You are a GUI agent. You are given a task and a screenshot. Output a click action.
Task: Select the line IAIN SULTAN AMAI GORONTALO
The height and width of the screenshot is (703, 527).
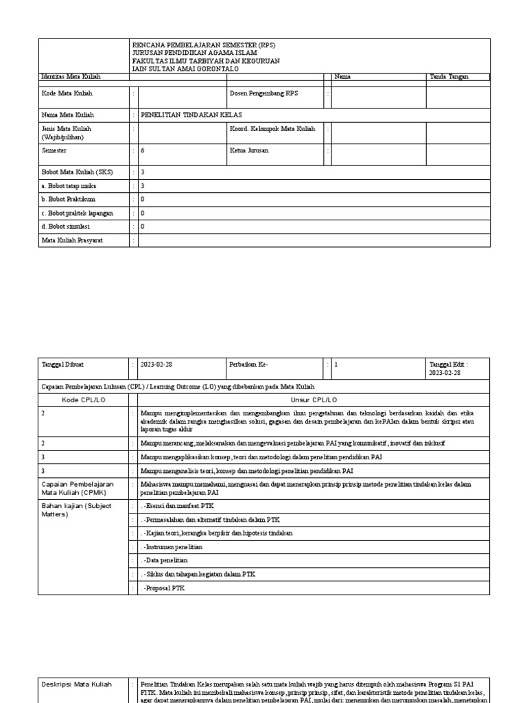click(x=185, y=68)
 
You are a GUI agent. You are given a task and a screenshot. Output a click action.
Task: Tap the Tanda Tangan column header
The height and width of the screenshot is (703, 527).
click(x=449, y=77)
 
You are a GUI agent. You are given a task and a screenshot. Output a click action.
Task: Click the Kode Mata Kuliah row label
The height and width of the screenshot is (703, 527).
click(x=67, y=93)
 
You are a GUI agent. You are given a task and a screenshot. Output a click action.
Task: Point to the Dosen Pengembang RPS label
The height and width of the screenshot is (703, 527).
click(x=264, y=93)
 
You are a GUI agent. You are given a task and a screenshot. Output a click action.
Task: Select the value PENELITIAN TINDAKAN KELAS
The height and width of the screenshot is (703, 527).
click(x=191, y=115)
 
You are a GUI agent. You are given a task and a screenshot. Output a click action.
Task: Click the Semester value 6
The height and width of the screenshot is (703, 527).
click(x=143, y=150)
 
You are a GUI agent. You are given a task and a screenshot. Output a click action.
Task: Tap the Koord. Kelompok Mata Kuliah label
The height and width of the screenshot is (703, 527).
click(x=272, y=129)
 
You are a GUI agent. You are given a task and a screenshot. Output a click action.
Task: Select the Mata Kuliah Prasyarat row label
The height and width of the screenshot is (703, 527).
click(x=72, y=240)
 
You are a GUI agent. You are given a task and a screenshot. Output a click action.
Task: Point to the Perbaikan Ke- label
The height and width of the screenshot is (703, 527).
click(x=248, y=365)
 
